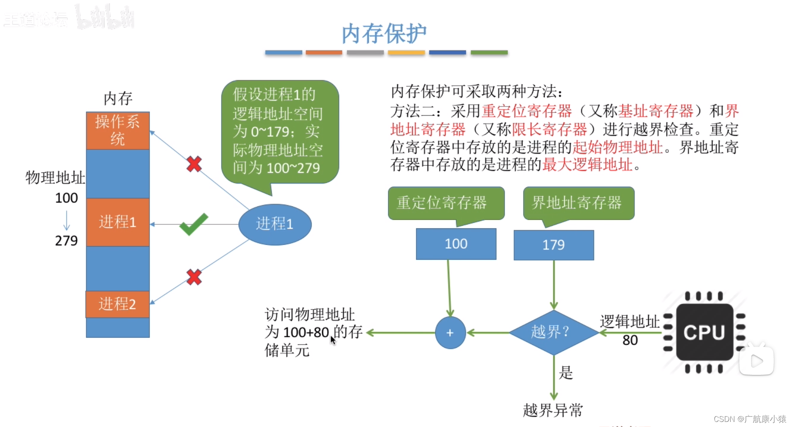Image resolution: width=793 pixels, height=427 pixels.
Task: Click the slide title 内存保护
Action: [x=384, y=34]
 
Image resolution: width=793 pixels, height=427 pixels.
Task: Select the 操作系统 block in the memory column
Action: [x=117, y=130]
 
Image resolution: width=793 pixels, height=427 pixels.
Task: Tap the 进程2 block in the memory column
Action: [x=117, y=304]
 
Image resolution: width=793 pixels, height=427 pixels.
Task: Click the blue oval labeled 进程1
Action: [x=275, y=224]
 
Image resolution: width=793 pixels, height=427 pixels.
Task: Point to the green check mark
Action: [x=194, y=224]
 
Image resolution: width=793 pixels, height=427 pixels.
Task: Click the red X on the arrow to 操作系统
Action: [x=194, y=164]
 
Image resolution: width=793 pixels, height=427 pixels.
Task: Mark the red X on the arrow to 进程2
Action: [x=194, y=277]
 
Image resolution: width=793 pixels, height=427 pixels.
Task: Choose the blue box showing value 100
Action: [x=456, y=244]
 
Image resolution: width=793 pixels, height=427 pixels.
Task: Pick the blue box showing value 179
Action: [x=554, y=245]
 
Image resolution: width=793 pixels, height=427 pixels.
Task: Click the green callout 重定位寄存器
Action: [x=446, y=203]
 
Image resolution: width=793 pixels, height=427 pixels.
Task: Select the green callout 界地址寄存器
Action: [x=579, y=203]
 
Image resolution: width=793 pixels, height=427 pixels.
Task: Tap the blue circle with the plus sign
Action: [x=450, y=333]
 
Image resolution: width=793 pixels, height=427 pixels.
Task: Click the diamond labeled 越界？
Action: [x=553, y=332]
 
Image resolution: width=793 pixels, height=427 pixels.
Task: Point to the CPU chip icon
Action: [x=704, y=333]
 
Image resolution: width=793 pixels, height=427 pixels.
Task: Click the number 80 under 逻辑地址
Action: [x=630, y=340]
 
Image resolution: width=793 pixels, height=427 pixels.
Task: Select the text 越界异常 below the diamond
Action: [x=553, y=410]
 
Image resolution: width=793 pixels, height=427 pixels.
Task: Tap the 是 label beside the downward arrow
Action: [x=566, y=373]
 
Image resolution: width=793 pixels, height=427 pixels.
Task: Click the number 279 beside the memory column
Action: [x=67, y=241]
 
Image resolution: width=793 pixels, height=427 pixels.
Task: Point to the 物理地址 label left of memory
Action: [x=55, y=178]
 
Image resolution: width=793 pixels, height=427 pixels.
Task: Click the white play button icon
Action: [x=757, y=360]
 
